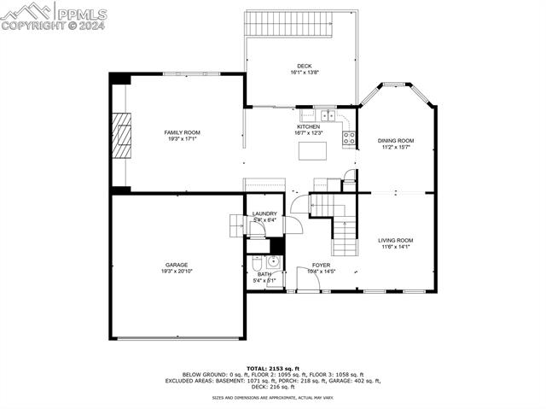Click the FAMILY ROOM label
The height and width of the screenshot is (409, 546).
182,132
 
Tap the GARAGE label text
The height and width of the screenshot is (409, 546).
177,265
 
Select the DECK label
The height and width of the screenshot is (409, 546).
305,67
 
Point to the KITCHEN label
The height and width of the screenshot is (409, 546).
308,126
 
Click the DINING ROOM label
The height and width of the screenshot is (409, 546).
396,140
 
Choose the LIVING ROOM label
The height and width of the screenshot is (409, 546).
396,241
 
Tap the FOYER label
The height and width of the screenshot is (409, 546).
321,266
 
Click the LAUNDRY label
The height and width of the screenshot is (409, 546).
264,213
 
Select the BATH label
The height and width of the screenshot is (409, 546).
264,274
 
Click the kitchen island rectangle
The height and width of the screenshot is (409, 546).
314,151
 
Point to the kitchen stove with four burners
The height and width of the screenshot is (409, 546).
349,134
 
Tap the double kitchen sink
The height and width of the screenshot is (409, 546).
324,114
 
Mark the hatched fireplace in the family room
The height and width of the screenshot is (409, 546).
125,137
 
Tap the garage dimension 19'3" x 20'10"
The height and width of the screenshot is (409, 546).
177,272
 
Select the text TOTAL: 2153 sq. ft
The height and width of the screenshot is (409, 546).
273,368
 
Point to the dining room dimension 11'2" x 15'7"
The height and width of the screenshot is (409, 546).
396,147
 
